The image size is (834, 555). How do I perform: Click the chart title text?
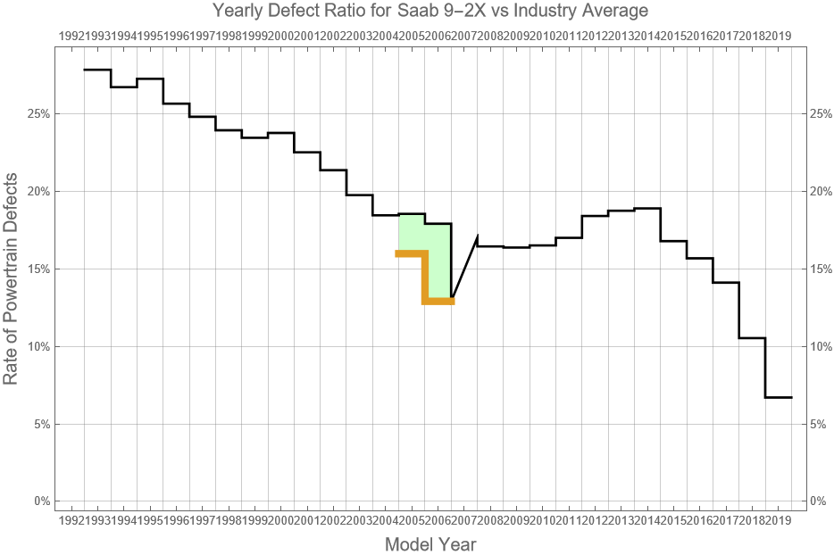tap(430, 10)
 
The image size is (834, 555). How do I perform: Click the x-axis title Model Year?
tap(430, 543)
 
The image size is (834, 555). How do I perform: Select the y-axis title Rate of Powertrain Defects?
tap(11, 278)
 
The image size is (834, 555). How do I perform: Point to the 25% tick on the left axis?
tap(38, 113)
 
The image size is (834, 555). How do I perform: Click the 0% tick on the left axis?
tap(42, 501)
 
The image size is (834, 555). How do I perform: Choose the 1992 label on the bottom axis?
tap(71, 519)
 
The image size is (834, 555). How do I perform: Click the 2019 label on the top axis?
tap(779, 37)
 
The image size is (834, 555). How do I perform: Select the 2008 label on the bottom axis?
tap(490, 519)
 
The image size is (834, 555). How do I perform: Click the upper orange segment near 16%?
tap(412, 253)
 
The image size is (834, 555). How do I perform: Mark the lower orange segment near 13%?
tap(438, 302)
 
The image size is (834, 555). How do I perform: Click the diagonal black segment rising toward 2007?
tap(464, 266)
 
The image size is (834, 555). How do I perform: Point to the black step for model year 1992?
tap(97, 70)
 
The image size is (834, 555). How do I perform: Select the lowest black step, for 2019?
tap(779, 397)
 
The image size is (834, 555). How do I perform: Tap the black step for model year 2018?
tap(753, 338)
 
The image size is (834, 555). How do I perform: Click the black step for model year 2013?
tap(621, 211)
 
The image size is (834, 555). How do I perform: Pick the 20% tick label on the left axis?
tap(38, 191)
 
